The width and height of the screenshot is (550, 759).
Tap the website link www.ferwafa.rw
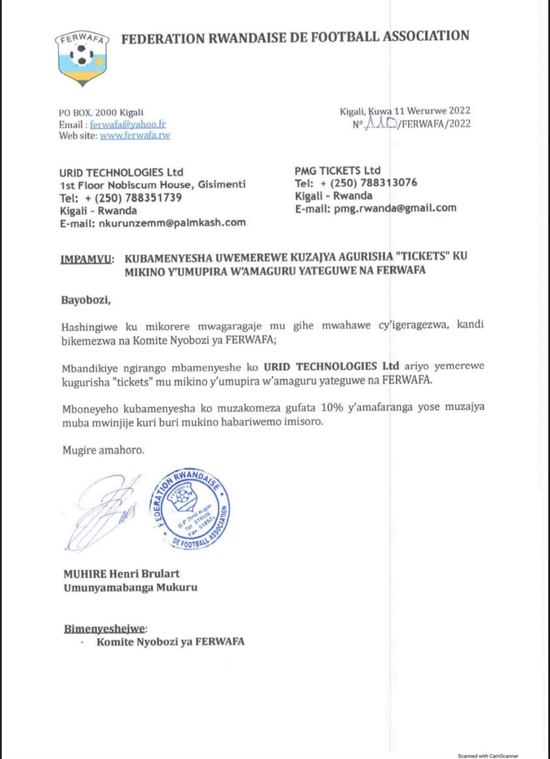click(x=135, y=135)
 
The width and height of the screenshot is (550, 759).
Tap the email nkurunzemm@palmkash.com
click(x=172, y=222)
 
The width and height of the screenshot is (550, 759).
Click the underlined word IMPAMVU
click(x=88, y=259)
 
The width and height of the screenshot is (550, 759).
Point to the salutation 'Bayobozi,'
click(x=86, y=300)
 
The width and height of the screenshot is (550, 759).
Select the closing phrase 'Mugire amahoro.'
click(x=103, y=450)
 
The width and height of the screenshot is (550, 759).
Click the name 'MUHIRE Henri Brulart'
click(x=121, y=574)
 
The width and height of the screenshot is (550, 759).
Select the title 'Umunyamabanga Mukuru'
click(x=130, y=587)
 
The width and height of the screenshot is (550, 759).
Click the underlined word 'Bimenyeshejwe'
click(x=105, y=629)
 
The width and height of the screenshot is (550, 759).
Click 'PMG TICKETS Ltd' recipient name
click(x=338, y=170)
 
